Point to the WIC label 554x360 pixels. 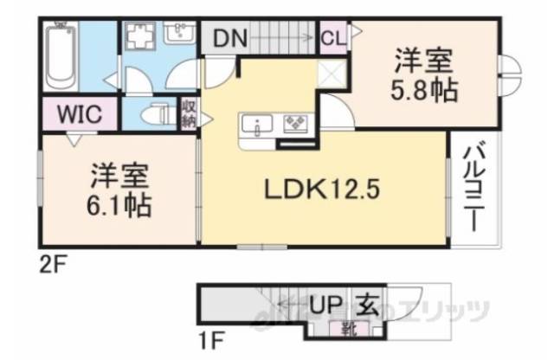click(x=80, y=115)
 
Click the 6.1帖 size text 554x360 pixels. click(x=120, y=206)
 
